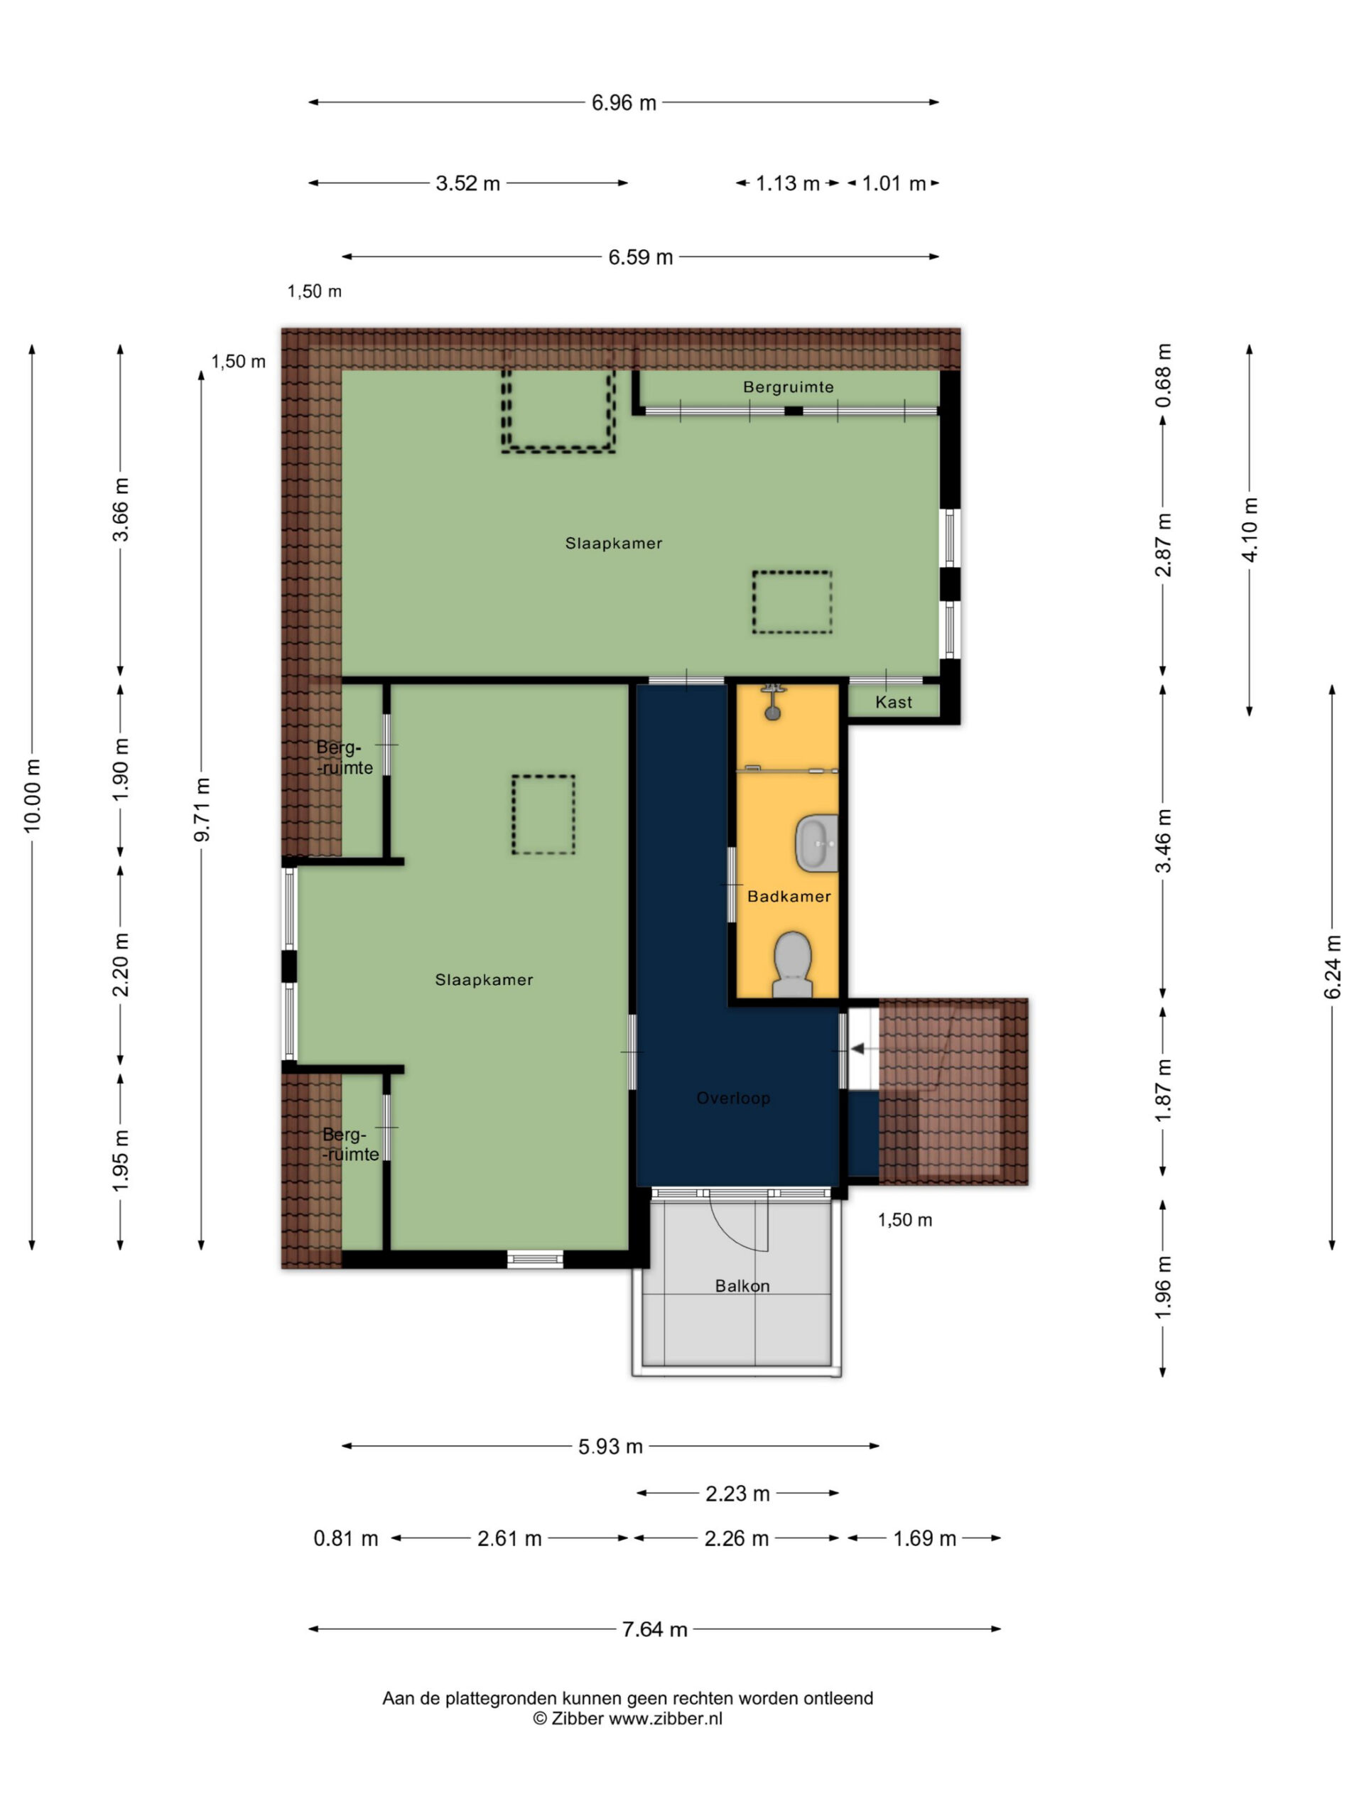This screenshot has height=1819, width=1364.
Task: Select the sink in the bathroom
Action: coord(816,843)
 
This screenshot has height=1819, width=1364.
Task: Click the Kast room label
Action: coord(893,702)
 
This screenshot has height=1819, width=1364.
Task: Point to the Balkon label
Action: coord(742,1285)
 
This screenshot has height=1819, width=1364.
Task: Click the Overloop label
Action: coord(732,1098)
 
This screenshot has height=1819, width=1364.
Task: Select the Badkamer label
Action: coord(789,896)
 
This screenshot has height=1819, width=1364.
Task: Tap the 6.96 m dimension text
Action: coord(624,104)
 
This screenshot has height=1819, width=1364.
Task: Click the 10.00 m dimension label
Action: coord(32,795)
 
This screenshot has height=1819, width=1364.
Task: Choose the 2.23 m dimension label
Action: coord(737,1494)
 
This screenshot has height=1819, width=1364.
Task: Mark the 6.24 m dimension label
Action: coord(1332,967)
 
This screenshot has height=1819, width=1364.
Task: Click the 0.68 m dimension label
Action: coord(1162,375)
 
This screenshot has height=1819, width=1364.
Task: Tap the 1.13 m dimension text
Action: coord(788,183)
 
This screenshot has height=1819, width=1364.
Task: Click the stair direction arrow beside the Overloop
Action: coord(857,1049)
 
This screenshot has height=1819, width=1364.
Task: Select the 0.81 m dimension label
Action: coord(345,1538)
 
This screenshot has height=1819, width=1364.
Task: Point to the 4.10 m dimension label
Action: coord(1250,529)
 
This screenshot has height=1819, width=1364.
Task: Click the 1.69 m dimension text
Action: coord(925,1538)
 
